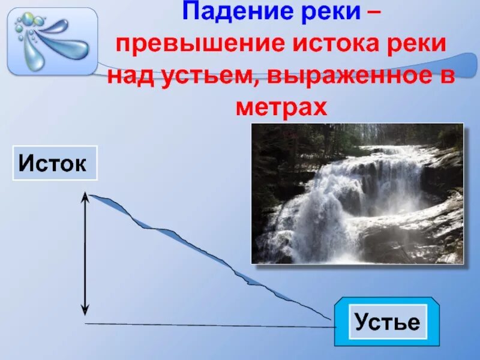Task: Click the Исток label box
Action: [x=55, y=163]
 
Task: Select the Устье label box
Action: [x=387, y=322]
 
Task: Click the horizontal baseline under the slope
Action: [x=210, y=325]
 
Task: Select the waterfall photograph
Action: [x=357, y=193]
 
